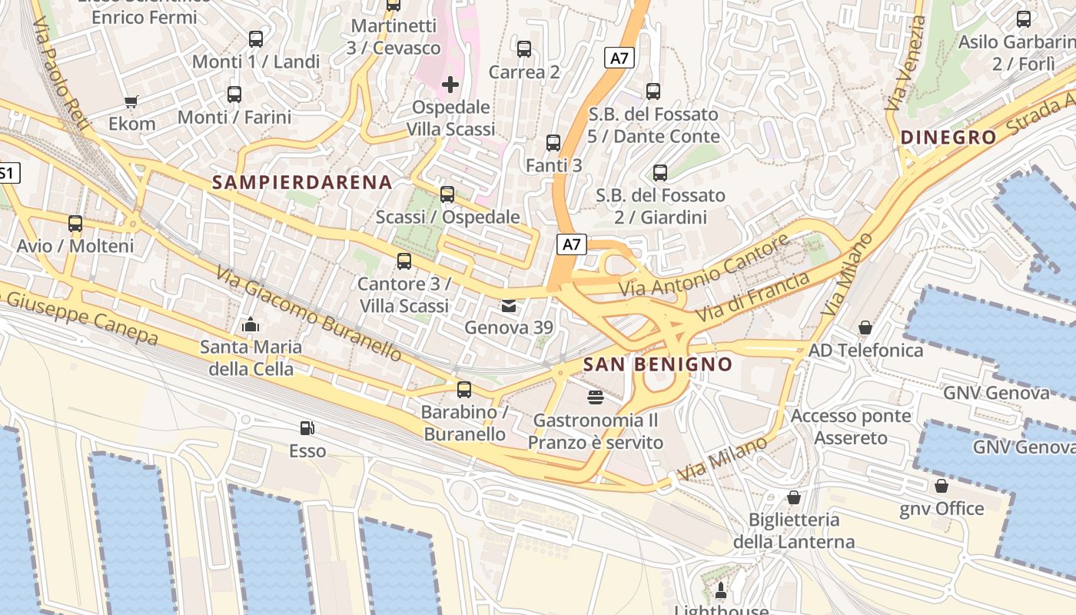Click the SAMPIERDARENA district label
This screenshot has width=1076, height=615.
pos(302,182)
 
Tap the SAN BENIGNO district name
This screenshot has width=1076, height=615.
pos(657,364)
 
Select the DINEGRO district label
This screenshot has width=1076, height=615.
pos(948,138)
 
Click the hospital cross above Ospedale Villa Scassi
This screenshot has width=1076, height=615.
pos(450,84)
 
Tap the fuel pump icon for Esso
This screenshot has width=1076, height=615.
pos(307,428)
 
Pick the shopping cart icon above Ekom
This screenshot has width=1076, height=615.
pos(131,101)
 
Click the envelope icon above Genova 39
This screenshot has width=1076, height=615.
pos(509,306)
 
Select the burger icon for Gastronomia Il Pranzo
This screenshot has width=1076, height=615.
pos(595,397)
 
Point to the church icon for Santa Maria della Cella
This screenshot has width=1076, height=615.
pos(251,325)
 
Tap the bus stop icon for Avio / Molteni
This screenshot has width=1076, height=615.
pos(75,224)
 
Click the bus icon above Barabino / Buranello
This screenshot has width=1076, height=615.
pos(464,390)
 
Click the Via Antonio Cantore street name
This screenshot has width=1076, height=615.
pos(704,266)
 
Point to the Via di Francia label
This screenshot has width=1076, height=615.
pos(752,298)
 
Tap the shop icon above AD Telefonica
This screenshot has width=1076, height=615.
pos(865,328)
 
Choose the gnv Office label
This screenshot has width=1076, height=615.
pos(941,508)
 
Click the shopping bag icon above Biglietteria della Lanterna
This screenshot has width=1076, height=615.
pos(794,497)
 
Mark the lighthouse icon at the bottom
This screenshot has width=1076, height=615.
pos(721,590)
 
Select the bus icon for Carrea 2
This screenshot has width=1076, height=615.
pos(524,49)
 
